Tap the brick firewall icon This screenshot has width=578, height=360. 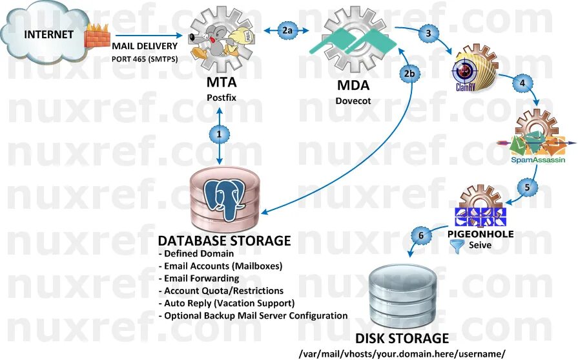[98, 36]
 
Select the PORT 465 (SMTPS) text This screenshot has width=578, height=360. [145, 59]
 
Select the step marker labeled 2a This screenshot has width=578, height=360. [288, 29]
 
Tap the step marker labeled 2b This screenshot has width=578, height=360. [409, 74]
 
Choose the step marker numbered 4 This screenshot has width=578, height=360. [522, 83]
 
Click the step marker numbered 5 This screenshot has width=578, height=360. [527, 187]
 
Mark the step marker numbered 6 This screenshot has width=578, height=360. [421, 236]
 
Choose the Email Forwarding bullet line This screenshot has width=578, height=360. [199, 278]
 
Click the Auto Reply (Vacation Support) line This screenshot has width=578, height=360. [226, 302]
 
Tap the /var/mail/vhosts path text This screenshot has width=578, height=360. [401, 354]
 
